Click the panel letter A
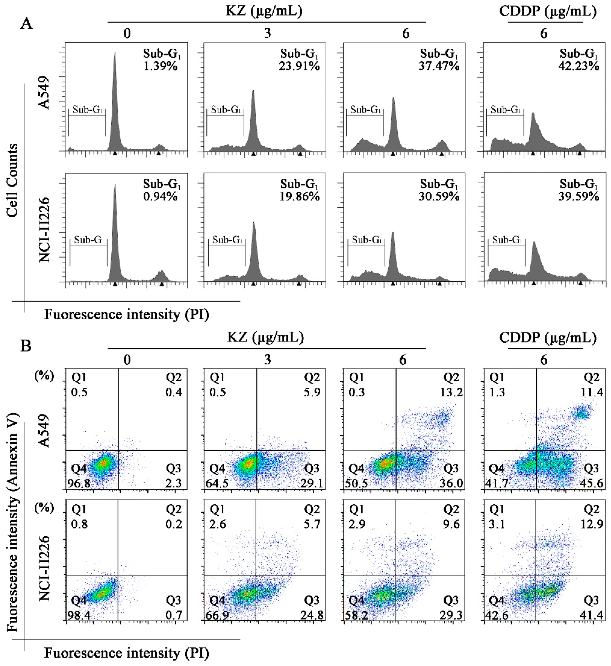(x=26, y=24)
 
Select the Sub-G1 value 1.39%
(x=160, y=66)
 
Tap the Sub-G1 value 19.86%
(x=300, y=197)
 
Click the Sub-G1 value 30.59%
(x=439, y=197)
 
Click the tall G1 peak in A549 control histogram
(x=115, y=99)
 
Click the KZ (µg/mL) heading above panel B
(x=266, y=337)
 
